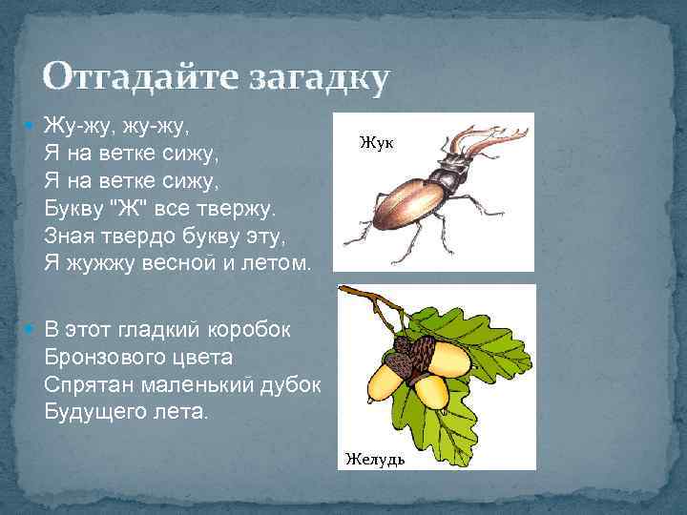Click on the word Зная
[69, 235]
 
